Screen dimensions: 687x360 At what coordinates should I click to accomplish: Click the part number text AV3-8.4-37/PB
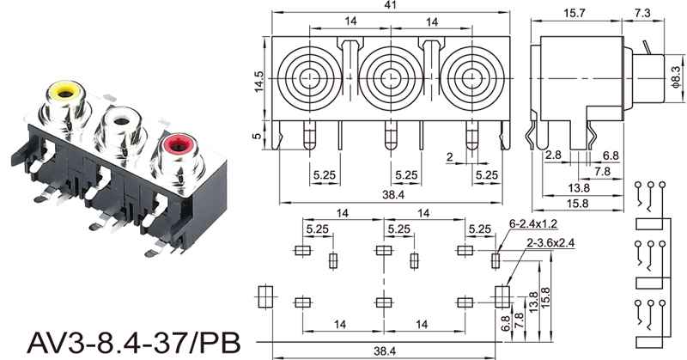pos(134,343)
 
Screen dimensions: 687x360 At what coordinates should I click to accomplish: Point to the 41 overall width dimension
pos(390,5)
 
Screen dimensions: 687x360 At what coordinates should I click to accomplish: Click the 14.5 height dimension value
pos(259,81)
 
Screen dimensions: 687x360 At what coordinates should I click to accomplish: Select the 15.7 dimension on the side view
pos(575,13)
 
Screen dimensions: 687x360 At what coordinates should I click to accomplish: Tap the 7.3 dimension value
pos(642,13)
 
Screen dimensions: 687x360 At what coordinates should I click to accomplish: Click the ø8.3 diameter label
pos(677,77)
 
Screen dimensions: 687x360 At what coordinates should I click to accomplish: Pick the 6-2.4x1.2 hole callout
pos(532,224)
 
